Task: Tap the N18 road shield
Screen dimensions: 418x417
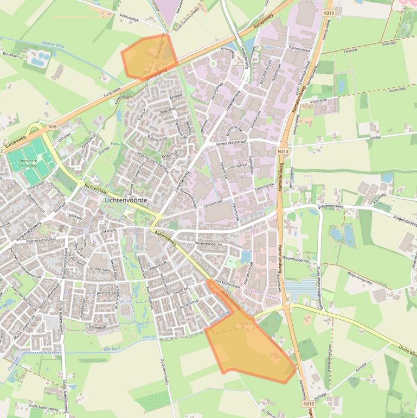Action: [x=53, y=127]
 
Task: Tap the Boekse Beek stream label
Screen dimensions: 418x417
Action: [x=54, y=44]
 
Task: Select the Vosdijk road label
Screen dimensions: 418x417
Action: [x=375, y=138]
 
